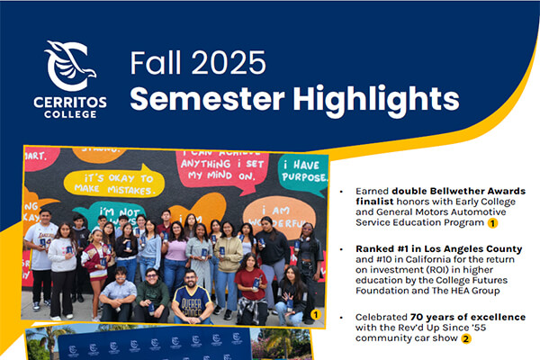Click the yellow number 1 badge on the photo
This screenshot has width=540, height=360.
(x=315, y=315)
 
